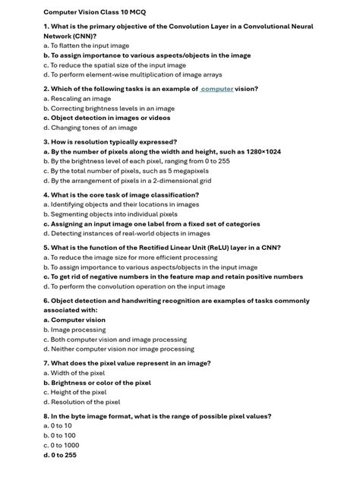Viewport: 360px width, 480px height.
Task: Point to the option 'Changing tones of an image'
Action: point(90,128)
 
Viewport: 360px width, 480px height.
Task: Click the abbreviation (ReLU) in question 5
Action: point(217,248)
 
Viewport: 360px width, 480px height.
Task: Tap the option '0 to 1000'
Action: point(62,445)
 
